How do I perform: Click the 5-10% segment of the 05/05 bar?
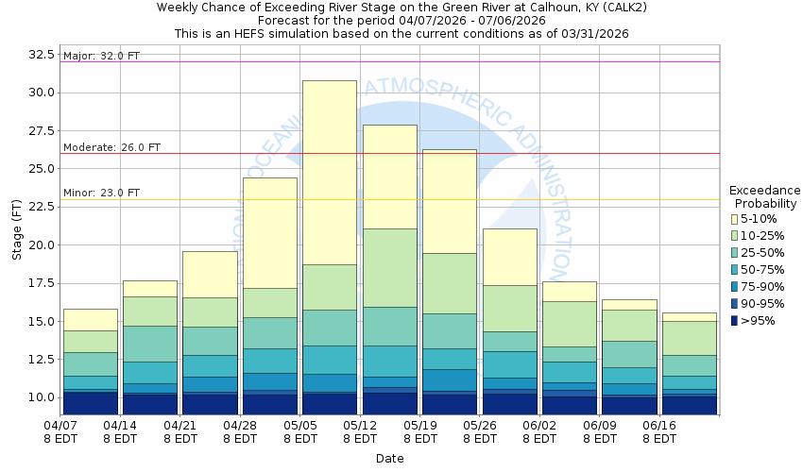tap(330, 173)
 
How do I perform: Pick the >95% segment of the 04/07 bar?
tap(90, 403)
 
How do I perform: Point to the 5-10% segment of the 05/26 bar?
tap(509, 257)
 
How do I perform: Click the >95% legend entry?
tap(760, 321)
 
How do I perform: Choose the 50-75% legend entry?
tap(763, 270)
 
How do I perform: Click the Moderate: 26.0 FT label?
tap(111, 147)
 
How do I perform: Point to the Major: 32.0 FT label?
tap(101, 56)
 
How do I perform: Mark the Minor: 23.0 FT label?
tap(101, 193)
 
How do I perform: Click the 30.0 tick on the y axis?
tap(42, 93)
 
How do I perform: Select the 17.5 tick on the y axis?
tap(42, 283)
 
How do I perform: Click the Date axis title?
tap(389, 459)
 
